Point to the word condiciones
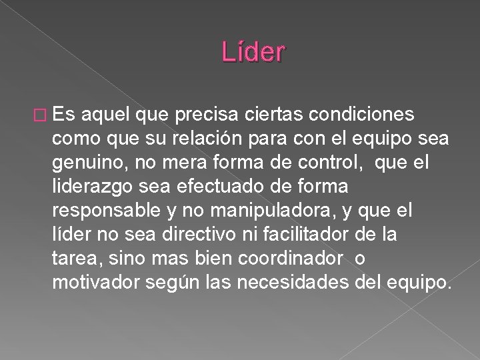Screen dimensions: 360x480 tap(354, 115)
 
